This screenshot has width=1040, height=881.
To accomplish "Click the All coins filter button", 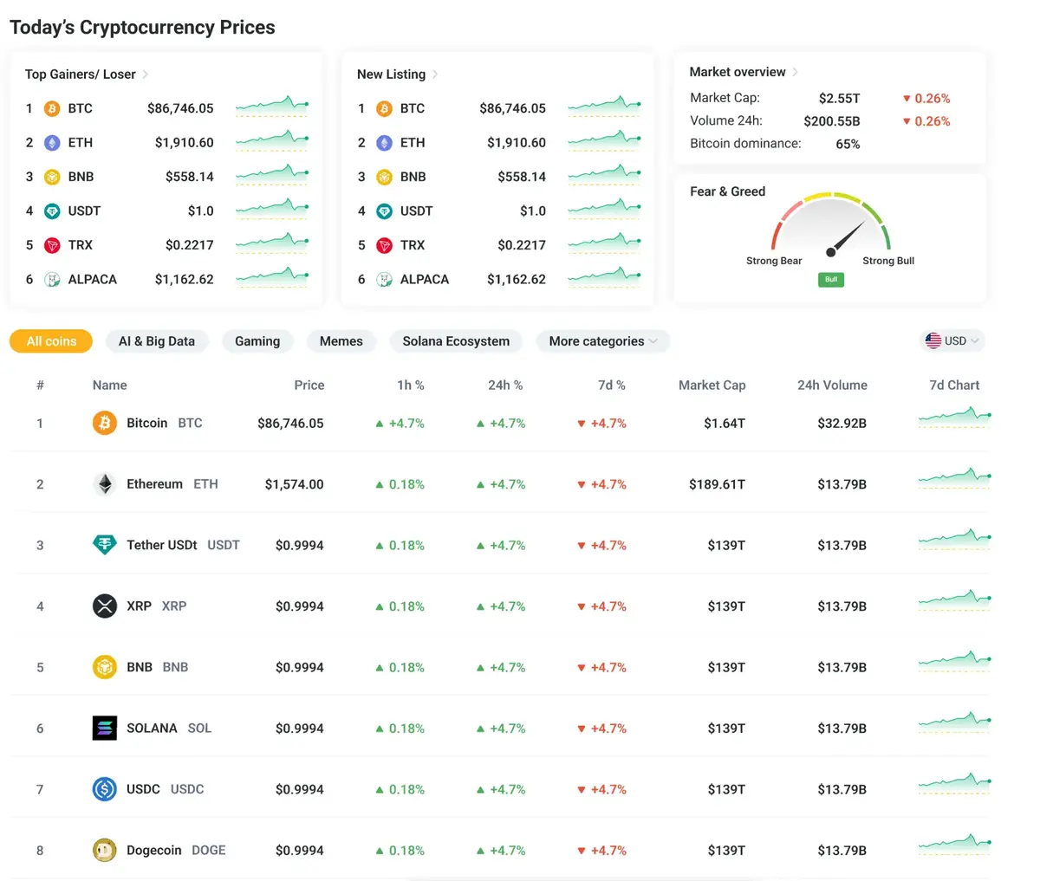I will (51, 341).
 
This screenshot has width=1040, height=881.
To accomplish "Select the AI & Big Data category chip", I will (157, 341).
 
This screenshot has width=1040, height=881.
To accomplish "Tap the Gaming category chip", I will (257, 341).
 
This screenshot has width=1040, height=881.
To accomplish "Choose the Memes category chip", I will (341, 341).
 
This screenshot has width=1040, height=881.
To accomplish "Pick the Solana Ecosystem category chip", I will (456, 341).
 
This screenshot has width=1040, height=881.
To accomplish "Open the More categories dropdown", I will (602, 341).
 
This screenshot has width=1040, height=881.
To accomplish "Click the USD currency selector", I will (952, 341).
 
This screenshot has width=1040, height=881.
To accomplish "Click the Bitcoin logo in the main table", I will (105, 424).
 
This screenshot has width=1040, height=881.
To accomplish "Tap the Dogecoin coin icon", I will (105, 851).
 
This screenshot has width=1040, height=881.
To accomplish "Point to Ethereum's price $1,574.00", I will (294, 484).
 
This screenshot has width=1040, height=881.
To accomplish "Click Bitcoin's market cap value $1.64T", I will (725, 424).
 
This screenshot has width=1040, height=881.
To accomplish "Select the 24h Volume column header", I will (832, 385).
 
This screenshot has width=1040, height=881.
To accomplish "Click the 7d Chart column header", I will (954, 385).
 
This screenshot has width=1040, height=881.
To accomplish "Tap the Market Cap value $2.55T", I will (839, 99).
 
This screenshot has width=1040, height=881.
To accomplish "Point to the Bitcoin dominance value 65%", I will (848, 144).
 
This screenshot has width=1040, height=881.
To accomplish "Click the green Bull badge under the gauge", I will (831, 280).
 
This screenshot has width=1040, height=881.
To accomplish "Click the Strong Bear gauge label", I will (774, 261).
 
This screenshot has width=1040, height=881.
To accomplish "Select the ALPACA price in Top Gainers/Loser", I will (184, 280).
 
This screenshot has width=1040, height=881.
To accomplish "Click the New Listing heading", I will (392, 74).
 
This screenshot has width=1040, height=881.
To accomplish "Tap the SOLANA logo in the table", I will (105, 729).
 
